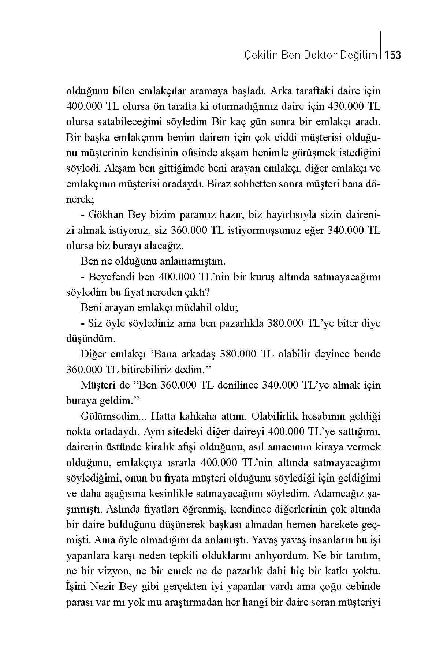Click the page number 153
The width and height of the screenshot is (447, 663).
393,55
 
